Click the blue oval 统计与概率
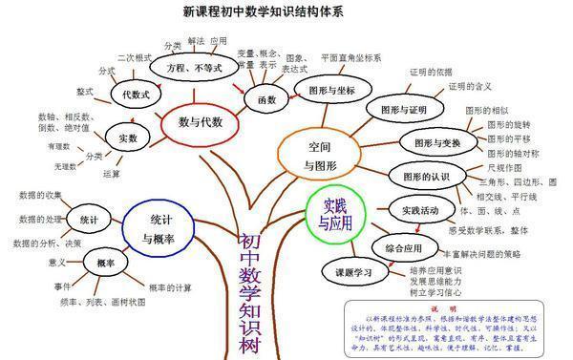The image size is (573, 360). click(159, 227)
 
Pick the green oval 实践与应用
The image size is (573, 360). click(335, 214)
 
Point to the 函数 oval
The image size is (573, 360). click(259, 98)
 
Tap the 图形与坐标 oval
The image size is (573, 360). click(326, 90)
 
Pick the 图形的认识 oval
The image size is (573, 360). click(425, 176)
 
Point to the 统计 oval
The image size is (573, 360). click(89, 220)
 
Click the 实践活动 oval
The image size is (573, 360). click(420, 209)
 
